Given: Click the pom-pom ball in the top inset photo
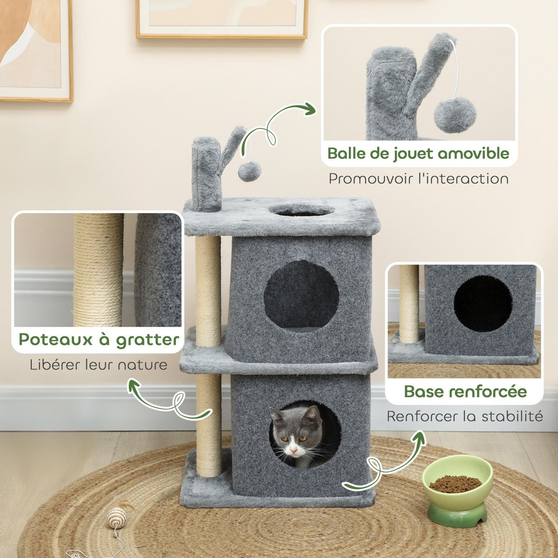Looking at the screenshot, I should (455, 114).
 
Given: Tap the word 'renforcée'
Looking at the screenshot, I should (489, 391).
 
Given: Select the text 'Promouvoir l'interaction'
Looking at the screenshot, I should (418, 179).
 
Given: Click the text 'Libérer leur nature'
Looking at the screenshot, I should (98, 365).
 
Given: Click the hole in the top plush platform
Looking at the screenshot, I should (301, 210).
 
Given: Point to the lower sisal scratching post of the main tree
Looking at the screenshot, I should (208, 425).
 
